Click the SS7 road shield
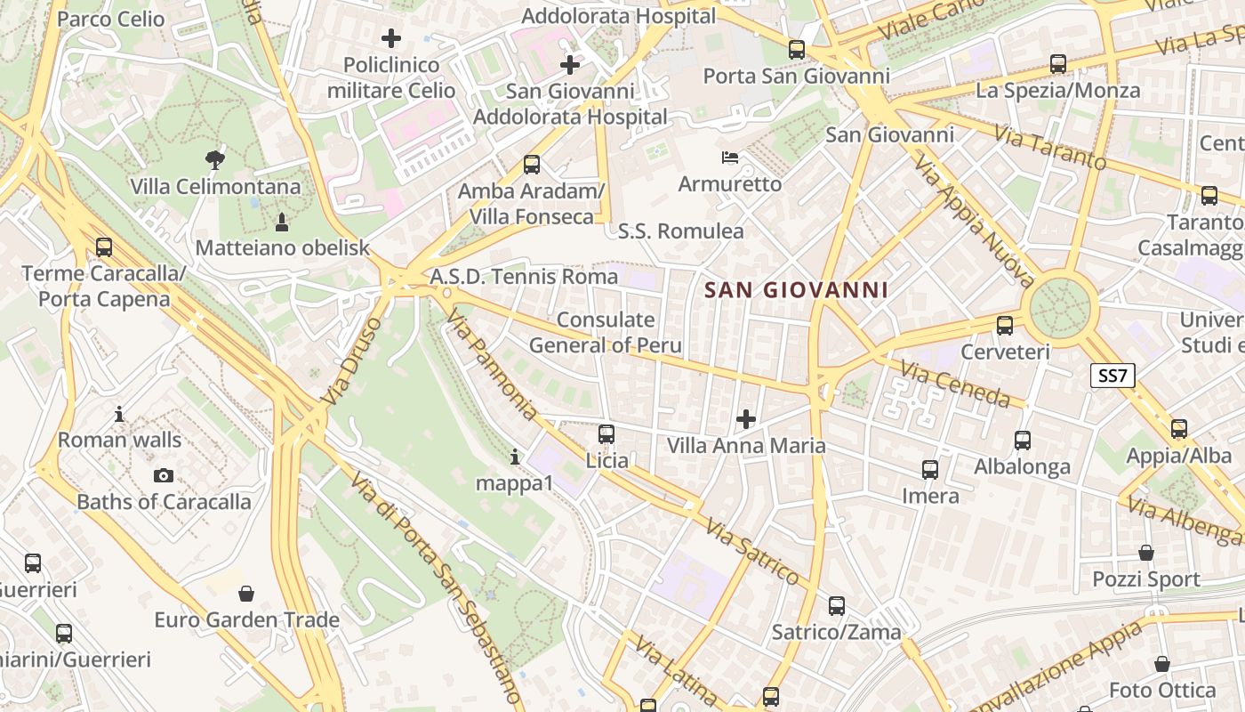point(1112,376)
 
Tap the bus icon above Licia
point(606,434)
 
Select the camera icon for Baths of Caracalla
point(163,476)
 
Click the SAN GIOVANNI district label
point(796,290)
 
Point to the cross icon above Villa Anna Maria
point(746,419)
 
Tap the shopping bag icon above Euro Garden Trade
point(246,594)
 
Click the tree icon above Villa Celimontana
point(214,161)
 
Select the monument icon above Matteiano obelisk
point(282,222)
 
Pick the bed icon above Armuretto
point(730,158)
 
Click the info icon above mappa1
point(515,457)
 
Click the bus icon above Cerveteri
point(1005,326)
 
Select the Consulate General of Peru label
point(606,333)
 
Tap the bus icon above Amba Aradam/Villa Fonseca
point(532,165)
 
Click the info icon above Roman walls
point(119,414)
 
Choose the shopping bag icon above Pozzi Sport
point(1146,554)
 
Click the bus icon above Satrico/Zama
point(837,606)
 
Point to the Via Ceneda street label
point(955,384)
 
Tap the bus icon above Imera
point(930,469)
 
